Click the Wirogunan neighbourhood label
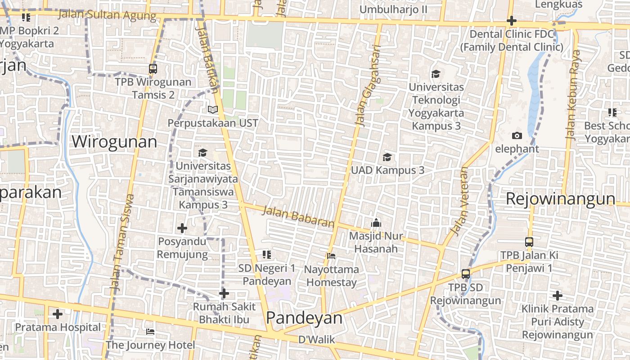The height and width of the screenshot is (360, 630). pos(114,142)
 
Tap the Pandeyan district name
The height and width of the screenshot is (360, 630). pos(304,318)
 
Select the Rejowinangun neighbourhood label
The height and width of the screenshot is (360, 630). pos(560,198)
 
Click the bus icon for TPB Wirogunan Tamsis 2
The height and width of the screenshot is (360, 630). pos(153,69)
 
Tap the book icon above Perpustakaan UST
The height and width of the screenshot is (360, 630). pos(212,109)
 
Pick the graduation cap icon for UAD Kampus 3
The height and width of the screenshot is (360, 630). pos(387,157)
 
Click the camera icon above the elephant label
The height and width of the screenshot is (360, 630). pos(517,135)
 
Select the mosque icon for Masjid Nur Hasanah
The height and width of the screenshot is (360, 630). pos(376,223)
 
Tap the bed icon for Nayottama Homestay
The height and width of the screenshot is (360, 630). pos(331,256)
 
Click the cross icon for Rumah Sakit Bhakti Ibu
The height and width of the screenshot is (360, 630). pos(224,294)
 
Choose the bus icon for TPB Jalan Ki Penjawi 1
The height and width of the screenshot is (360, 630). pos(529,242)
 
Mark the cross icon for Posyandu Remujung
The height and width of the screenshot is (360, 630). pos(182,229)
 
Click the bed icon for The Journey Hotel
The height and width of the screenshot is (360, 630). pos(150,332)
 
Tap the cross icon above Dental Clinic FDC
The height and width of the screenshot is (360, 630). pos(512,21)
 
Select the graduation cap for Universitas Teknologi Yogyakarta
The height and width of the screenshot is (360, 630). pos(436,74)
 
